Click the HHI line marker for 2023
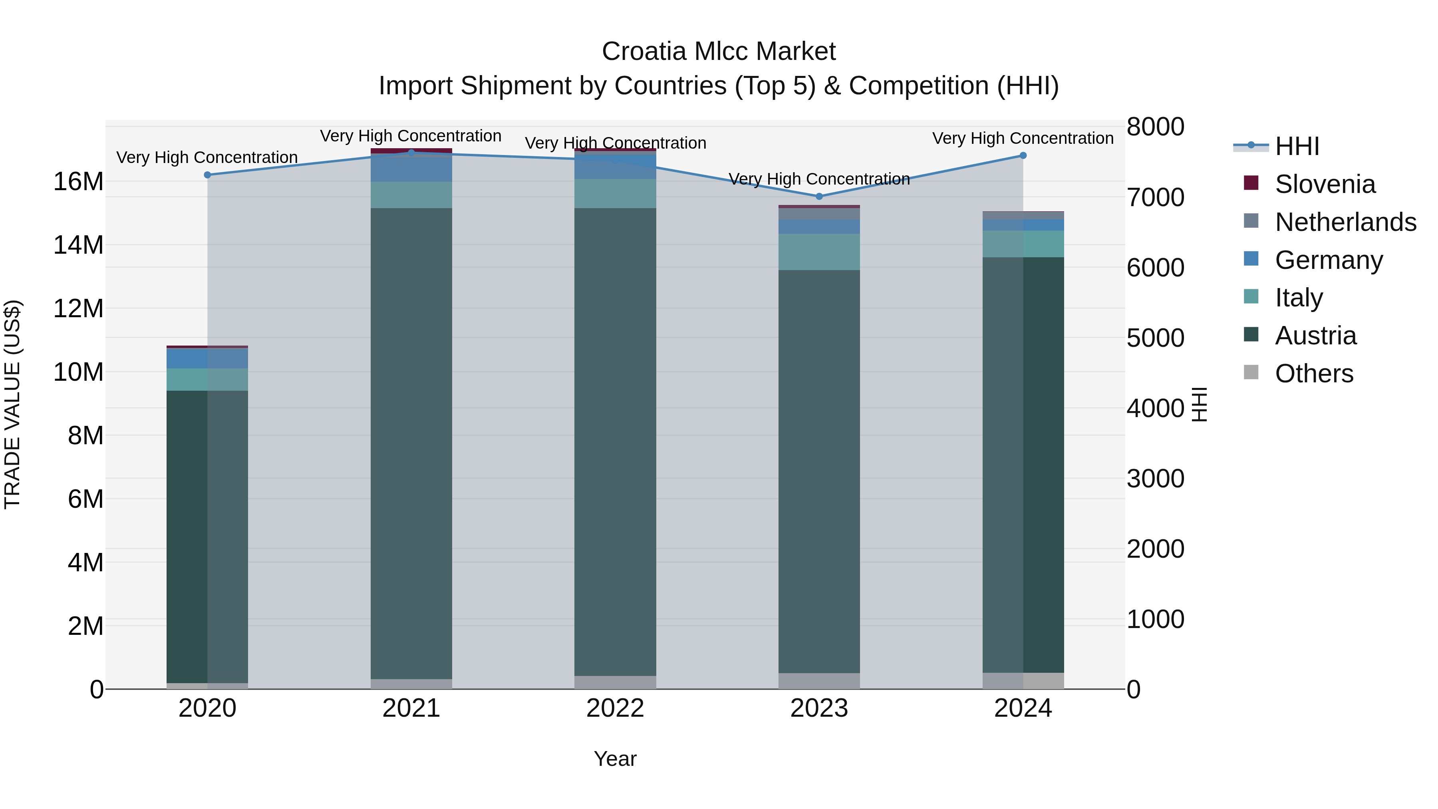pyautogui.click(x=819, y=197)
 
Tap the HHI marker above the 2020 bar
pyautogui.click(x=208, y=175)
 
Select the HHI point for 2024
pyautogui.click(x=1023, y=156)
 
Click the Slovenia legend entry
pyautogui.click(x=1325, y=184)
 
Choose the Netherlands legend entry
pyautogui.click(x=1345, y=222)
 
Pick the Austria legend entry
pyautogui.click(x=1315, y=336)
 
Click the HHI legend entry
pyautogui.click(x=1297, y=146)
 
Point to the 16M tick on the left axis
pyautogui.click(x=78, y=182)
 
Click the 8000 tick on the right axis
pyautogui.click(x=1155, y=127)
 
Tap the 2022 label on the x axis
pyautogui.click(x=615, y=708)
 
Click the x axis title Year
pyautogui.click(x=615, y=759)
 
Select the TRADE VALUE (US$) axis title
pyautogui.click(x=12, y=404)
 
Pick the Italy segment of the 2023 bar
pyautogui.click(x=819, y=252)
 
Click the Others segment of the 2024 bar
pyautogui.click(x=1023, y=681)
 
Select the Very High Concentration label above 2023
pyautogui.click(x=819, y=179)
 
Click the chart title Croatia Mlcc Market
pyautogui.click(x=719, y=52)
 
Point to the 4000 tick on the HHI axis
pyautogui.click(x=1155, y=408)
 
